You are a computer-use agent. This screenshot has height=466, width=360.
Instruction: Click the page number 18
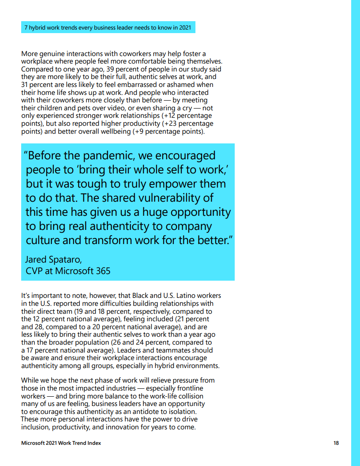point(336,443)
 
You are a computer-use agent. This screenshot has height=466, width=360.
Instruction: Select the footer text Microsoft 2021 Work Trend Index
point(61,443)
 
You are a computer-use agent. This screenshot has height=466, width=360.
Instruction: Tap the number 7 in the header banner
point(26,27)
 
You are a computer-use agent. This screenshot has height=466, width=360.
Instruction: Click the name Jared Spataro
point(53,259)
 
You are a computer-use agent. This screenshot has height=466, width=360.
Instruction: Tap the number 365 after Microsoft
point(103,271)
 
